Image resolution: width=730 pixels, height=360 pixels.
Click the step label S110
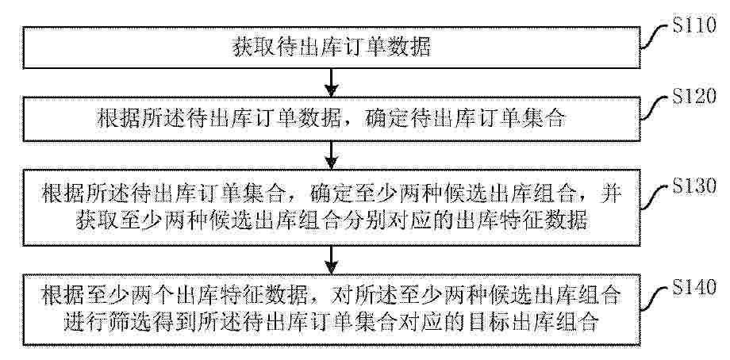pos(694,25)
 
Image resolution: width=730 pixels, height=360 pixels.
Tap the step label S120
pos(694,98)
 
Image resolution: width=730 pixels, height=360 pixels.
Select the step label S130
pos(694,186)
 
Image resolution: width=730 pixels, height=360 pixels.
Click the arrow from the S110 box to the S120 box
pos(331,82)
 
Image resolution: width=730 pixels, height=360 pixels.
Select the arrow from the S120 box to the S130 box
pos(331,155)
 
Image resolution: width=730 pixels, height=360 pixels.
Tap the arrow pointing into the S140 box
pos(331,259)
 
